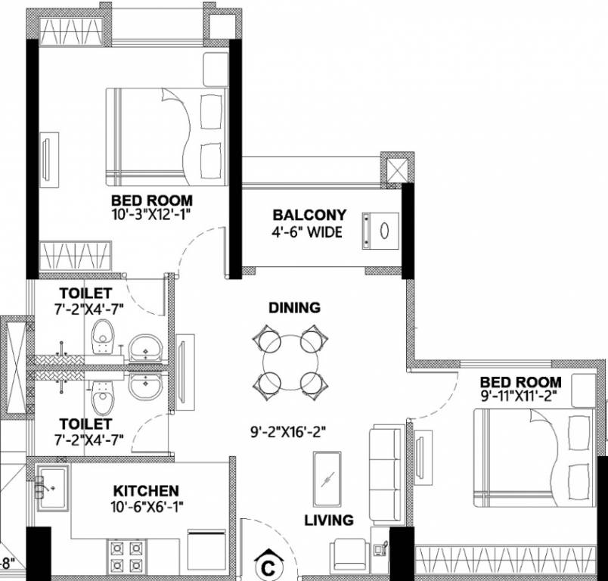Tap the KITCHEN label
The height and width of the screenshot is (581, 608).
point(146,491)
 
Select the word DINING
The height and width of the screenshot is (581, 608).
point(294,308)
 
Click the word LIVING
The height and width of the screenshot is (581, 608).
point(329,520)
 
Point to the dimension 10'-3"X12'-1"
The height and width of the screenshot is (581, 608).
point(151,215)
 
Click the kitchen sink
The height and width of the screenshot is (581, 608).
point(52,487)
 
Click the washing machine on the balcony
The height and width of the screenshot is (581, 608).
point(380,229)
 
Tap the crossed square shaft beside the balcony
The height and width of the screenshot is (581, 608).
point(396,168)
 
